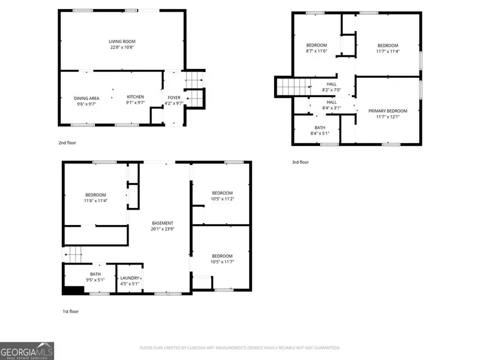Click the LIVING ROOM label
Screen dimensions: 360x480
point(122,41)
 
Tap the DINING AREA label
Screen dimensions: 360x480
point(86,98)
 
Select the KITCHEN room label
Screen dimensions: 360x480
point(135,97)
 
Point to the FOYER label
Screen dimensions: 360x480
point(174,98)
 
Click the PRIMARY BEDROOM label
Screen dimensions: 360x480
point(388,111)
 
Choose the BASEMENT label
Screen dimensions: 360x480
point(162,223)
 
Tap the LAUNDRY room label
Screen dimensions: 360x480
point(130,278)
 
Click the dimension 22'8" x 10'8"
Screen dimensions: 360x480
point(122,47)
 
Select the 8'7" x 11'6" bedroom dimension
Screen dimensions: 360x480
point(316,51)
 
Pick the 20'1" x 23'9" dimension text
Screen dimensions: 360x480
point(162,229)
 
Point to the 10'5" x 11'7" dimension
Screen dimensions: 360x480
point(222,262)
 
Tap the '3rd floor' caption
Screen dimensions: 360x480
point(300,162)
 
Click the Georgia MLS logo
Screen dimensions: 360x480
point(27,350)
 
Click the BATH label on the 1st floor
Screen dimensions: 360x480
point(95,274)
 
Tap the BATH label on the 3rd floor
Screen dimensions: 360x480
point(319,127)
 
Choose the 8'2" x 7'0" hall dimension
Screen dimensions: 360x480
point(331,90)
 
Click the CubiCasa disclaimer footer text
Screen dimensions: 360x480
point(239,348)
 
